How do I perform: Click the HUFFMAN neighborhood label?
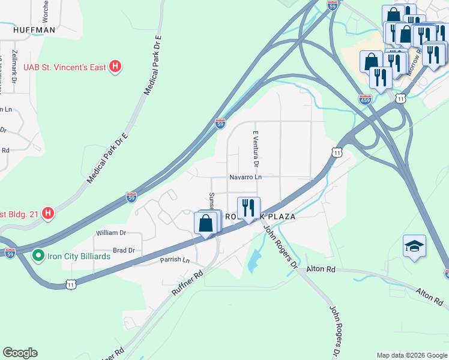coord(34,29)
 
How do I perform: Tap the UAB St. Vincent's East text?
coord(64,67)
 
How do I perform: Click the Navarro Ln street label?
coord(246,177)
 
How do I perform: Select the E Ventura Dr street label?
coord(256,149)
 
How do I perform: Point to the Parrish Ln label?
coord(174,260)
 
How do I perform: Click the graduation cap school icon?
coord(414,247)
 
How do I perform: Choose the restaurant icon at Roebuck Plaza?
coord(249,208)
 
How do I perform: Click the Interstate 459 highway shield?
coord(365,99)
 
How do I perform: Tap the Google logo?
coord(20,353)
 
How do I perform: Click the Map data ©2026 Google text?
coord(412,355)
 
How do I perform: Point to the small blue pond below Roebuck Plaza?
coord(255,259)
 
